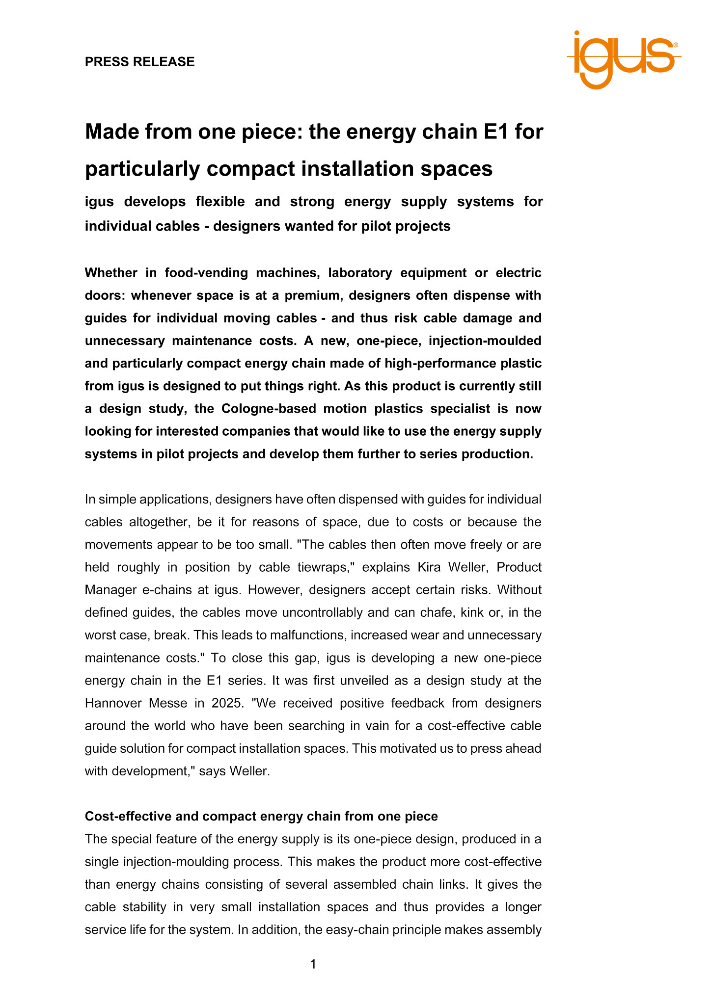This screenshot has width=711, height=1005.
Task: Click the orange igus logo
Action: [x=624, y=59]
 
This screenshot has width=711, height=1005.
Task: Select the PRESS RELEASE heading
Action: [x=139, y=62]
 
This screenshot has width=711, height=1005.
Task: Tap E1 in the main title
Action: [x=495, y=132]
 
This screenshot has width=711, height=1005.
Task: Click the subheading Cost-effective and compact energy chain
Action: [x=261, y=816]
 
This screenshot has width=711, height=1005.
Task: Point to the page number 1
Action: [x=313, y=964]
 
